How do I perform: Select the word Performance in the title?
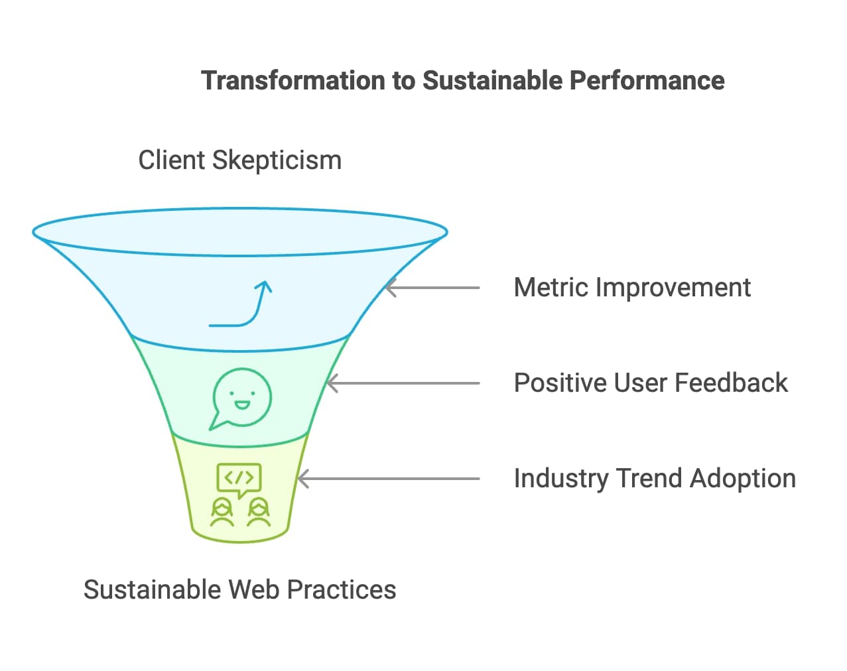(x=647, y=80)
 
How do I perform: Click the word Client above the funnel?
(x=171, y=160)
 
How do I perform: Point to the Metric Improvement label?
(x=632, y=288)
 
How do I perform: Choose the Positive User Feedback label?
(x=651, y=383)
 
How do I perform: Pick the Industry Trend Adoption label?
(x=655, y=479)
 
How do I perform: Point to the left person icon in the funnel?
(x=222, y=513)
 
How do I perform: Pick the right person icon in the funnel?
(x=259, y=513)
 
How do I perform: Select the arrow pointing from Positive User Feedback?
(x=403, y=383)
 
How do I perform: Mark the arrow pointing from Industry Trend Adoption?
(x=389, y=479)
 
